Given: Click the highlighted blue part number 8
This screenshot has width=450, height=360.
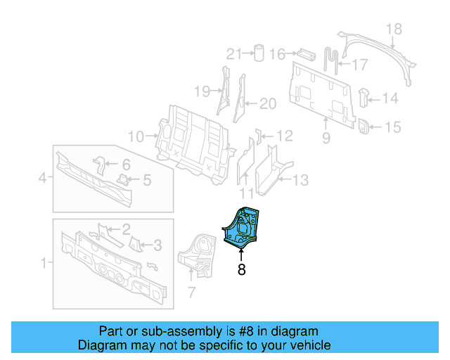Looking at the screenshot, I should [240, 226].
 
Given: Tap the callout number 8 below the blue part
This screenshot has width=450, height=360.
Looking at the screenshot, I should [241, 269].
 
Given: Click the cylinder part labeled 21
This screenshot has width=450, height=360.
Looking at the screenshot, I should [259, 53].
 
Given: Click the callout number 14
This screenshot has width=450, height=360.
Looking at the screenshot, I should [390, 98].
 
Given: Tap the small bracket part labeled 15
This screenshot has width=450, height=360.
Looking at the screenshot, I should [365, 127].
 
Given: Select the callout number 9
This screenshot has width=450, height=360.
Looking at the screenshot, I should [326, 139].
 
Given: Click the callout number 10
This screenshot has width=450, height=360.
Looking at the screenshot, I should [135, 136].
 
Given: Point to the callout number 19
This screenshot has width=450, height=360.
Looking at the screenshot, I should [202, 91].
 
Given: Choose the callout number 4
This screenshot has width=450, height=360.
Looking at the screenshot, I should [42, 179].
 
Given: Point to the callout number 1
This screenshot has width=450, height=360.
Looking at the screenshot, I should [44, 264].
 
